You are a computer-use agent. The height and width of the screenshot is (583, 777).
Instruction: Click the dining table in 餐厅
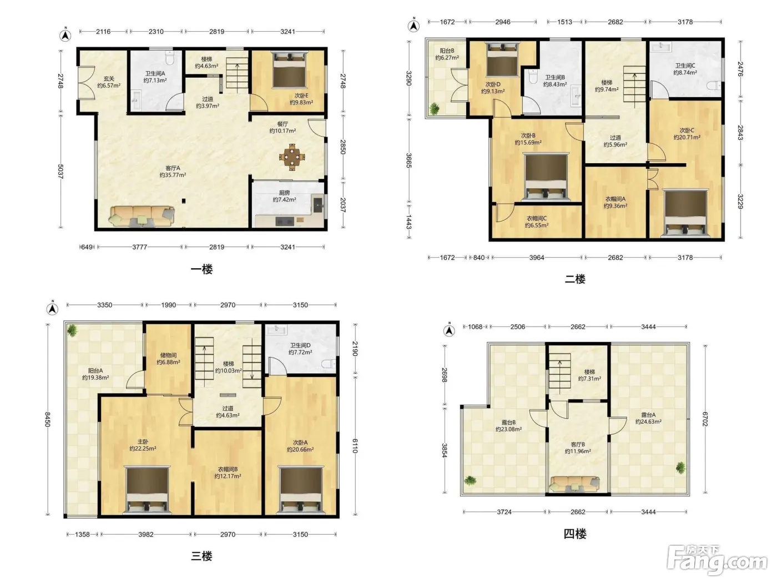point(292,157)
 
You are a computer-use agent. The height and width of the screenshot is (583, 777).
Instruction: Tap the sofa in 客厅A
point(142,217)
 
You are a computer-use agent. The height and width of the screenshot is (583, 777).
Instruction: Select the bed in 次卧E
point(289,70)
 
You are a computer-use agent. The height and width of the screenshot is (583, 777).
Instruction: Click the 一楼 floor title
point(202,269)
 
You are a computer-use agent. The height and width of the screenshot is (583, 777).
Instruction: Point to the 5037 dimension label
point(60,172)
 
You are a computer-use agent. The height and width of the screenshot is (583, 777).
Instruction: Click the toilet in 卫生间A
point(170,58)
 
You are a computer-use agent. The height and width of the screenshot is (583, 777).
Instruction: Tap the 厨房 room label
point(284,193)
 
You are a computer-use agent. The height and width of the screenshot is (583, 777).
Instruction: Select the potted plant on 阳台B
point(435,108)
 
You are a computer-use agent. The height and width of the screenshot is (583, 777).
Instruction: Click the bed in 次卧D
point(502,59)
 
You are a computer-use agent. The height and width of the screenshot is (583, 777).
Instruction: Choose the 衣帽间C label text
point(537,218)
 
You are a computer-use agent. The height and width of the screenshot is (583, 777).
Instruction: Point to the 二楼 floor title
point(575,279)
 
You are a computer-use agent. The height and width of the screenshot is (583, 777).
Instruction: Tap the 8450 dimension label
point(48,419)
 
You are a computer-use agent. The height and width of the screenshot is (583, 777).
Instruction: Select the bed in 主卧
point(147,490)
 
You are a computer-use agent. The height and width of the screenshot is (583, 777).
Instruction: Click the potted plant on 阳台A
point(72,331)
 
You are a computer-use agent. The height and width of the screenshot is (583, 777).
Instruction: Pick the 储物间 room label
point(169,355)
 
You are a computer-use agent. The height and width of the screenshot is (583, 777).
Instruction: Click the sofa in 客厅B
point(574,484)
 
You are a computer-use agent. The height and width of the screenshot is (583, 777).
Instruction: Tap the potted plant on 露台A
point(680,468)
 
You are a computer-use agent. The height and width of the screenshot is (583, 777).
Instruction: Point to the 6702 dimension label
point(705,419)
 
